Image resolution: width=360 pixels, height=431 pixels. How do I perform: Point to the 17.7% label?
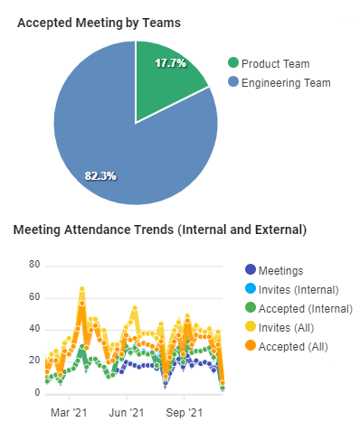tap(170, 64)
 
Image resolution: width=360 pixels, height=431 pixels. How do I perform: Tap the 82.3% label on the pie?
tap(100, 175)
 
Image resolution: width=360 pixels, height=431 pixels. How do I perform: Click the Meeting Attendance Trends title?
tap(160, 230)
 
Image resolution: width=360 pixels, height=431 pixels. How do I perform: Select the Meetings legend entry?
tap(280, 270)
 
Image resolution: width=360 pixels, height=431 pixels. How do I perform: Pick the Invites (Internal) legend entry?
tap(298, 289)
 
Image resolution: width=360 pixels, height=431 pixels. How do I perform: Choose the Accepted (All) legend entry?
tap(292, 346)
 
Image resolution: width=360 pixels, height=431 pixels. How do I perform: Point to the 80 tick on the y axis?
tap(34, 265)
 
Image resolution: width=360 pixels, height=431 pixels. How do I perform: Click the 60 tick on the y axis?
tap(34, 297)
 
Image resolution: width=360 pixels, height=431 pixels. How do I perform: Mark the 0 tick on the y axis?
tap(37, 393)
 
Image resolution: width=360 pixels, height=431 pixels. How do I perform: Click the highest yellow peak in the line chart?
tap(81, 289)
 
